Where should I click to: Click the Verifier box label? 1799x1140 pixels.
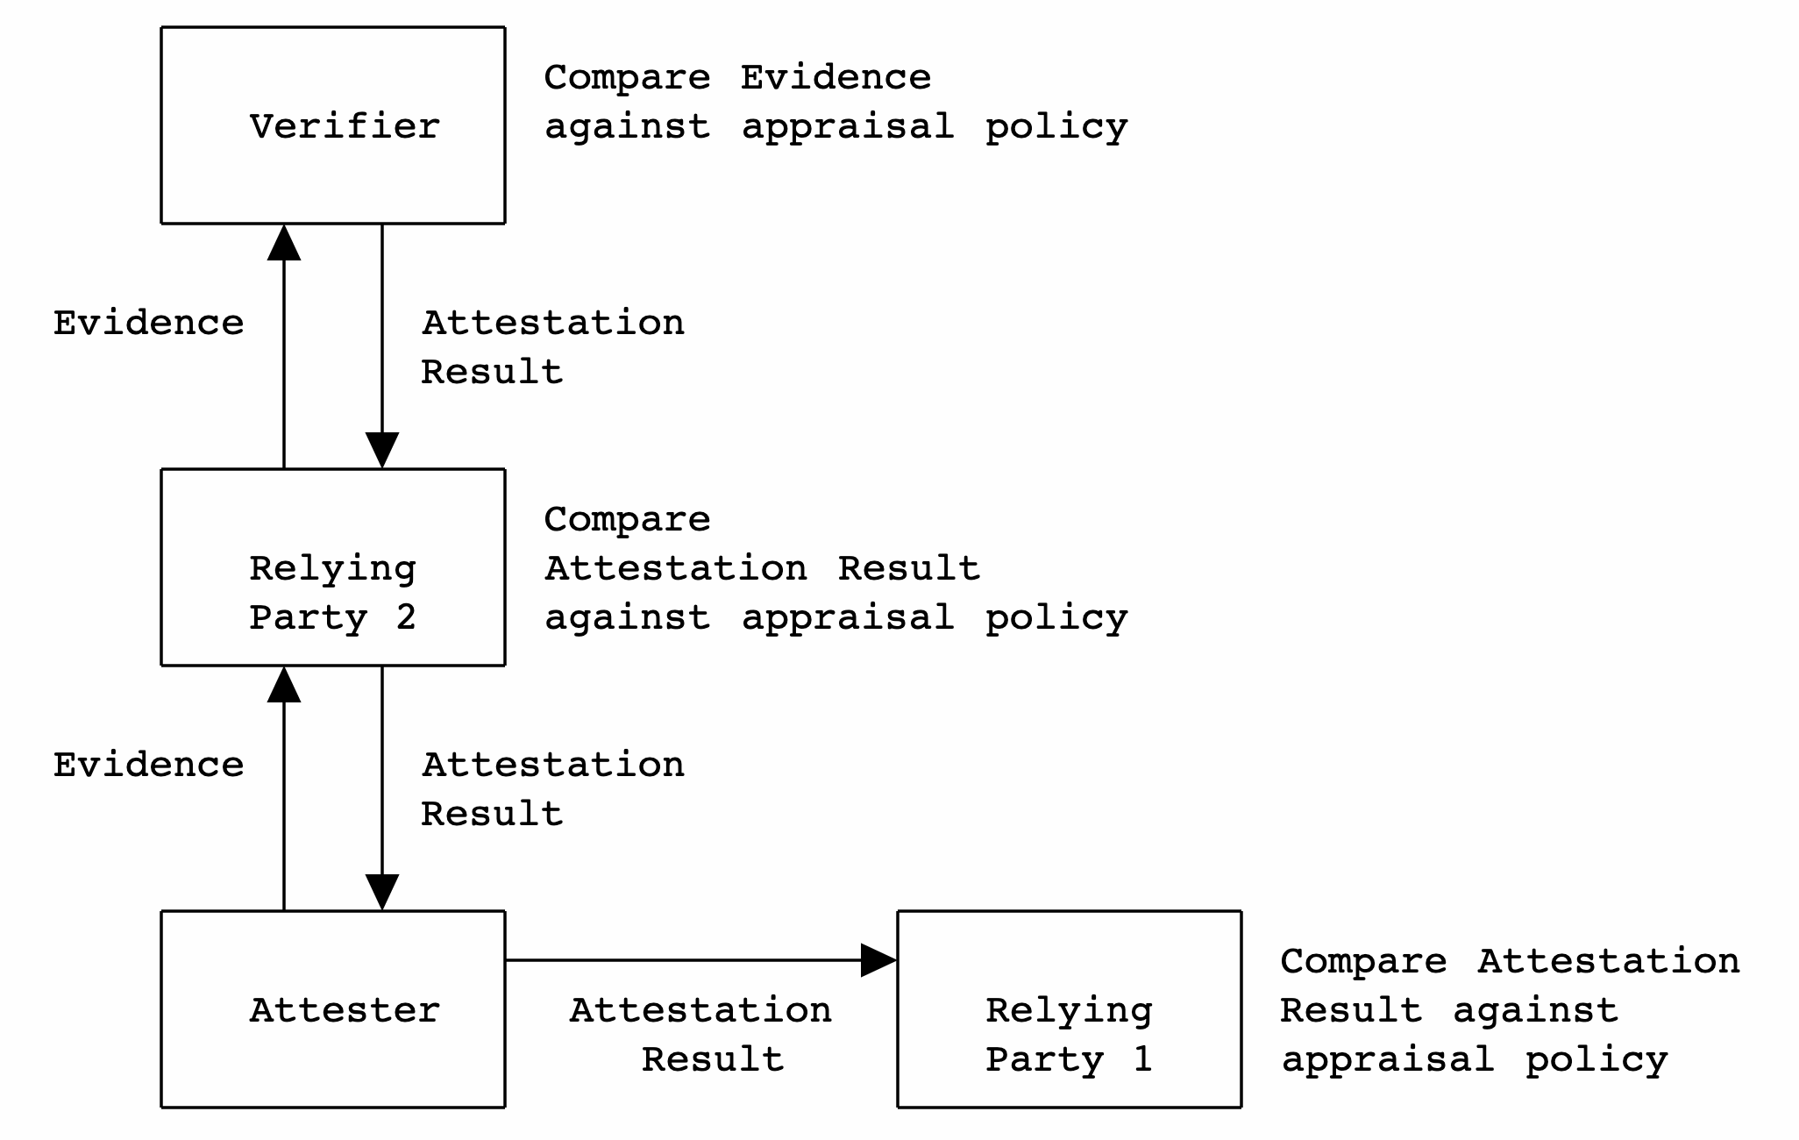click(x=345, y=126)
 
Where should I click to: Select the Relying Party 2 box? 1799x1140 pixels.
click(x=332, y=567)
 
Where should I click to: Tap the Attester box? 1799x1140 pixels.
click(x=332, y=1008)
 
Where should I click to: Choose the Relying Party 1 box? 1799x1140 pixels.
click(x=1069, y=1008)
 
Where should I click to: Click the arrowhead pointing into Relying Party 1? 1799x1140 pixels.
click(x=878, y=960)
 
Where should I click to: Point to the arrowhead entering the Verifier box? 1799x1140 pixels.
click(x=284, y=242)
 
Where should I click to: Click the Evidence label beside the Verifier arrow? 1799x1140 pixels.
click(x=148, y=323)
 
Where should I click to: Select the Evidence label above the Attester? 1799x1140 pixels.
click(x=148, y=765)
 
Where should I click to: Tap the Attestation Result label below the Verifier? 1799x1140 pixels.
click(x=552, y=346)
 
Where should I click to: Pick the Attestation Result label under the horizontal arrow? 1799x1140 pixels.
click(x=701, y=1034)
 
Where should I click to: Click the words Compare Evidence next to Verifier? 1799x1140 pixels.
click(x=736, y=77)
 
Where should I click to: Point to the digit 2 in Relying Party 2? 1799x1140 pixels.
click(x=405, y=617)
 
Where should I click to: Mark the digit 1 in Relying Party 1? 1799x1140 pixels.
click(x=1141, y=1059)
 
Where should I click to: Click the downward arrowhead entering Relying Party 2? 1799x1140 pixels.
click(x=382, y=450)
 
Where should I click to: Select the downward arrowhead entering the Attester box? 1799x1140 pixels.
click(x=382, y=892)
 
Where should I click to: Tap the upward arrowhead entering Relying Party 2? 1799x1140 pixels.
click(x=284, y=684)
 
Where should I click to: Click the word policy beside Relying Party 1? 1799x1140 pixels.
click(x=1596, y=1060)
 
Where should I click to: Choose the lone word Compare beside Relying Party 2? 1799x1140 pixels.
click(x=627, y=519)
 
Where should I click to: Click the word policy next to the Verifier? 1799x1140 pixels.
click(x=1056, y=127)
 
